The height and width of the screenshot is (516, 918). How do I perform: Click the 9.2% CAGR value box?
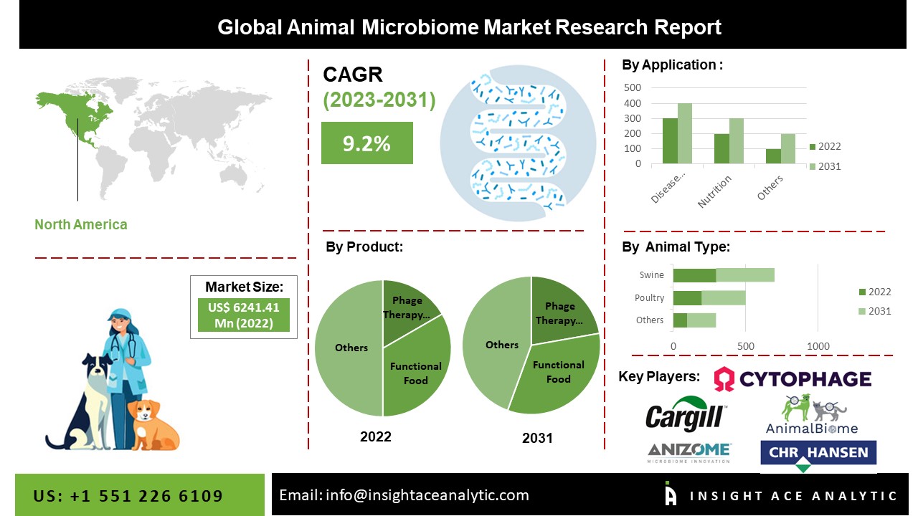point(366,143)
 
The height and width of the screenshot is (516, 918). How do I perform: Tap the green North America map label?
point(81,224)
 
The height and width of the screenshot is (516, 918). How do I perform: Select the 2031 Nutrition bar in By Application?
point(737,141)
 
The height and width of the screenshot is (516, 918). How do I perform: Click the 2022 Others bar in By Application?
point(773,156)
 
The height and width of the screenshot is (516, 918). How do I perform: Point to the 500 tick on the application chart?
point(633,87)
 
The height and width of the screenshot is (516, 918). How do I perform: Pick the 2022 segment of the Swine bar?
point(694,275)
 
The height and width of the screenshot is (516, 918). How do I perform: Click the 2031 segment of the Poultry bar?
point(724,298)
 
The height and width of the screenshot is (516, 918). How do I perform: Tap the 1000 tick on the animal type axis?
point(818,347)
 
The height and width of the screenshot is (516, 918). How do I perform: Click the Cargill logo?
point(685,416)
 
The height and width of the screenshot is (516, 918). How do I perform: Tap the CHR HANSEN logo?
point(818,454)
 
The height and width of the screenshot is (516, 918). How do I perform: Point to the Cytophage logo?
point(792,378)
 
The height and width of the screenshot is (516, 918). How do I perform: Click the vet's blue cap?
point(120,315)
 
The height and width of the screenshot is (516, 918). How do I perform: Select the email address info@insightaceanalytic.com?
point(404,495)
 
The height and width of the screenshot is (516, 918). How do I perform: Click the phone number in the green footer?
point(128,496)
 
